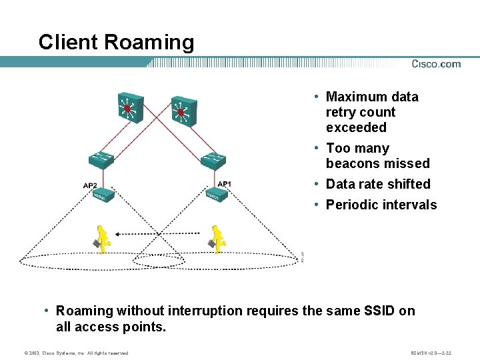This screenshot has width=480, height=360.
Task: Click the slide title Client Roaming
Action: (116, 42)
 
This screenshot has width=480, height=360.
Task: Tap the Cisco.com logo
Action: (436, 64)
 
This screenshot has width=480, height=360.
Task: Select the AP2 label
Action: (90, 185)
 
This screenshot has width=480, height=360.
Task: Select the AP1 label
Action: (225, 184)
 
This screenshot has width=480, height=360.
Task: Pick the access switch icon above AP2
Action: (101, 160)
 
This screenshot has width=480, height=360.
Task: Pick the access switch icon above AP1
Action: (214, 159)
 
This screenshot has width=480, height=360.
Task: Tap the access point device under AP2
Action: (103, 196)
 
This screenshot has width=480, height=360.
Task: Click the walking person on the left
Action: (102, 239)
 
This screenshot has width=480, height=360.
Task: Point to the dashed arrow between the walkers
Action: (157, 233)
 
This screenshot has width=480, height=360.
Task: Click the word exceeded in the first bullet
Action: (356, 127)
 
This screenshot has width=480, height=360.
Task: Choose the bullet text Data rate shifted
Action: (378, 184)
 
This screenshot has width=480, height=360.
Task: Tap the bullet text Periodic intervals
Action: (381, 205)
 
